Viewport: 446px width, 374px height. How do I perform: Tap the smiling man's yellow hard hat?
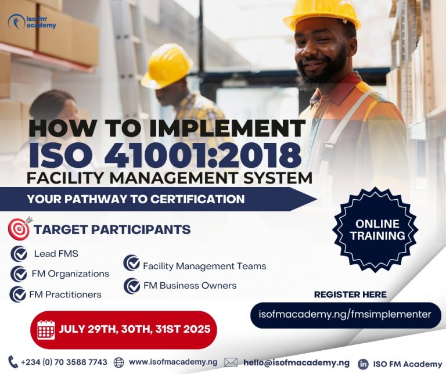pyautogui.click(x=322, y=15)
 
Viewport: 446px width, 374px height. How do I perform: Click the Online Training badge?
pyautogui.click(x=377, y=229)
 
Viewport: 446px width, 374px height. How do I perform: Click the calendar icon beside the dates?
pyautogui.click(x=46, y=329)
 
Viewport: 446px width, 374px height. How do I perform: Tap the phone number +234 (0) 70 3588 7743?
pyautogui.click(x=64, y=362)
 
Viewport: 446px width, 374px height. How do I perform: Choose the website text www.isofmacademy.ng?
pyautogui.click(x=173, y=362)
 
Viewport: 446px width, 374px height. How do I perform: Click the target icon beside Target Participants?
pyautogui.click(x=20, y=229)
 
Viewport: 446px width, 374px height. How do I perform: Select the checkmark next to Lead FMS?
pyautogui.click(x=19, y=254)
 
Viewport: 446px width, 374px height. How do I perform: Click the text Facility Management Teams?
pyautogui.click(x=204, y=266)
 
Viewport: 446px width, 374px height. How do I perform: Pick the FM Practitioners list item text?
pyautogui.click(x=65, y=294)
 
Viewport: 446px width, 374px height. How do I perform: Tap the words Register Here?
pyautogui.click(x=350, y=294)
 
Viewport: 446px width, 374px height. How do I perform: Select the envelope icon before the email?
pyautogui.click(x=231, y=362)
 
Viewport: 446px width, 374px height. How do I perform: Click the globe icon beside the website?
pyautogui.click(x=119, y=362)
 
